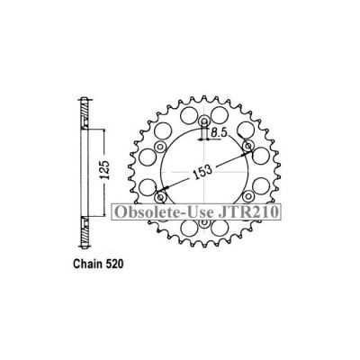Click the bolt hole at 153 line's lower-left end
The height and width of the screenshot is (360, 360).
[x=163, y=195]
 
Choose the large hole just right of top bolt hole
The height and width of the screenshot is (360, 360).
[x=227, y=117]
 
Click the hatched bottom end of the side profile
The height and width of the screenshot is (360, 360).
[x=85, y=223]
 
